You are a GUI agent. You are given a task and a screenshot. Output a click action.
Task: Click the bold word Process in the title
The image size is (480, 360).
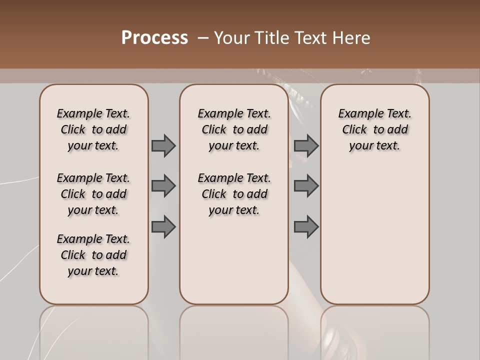click(154, 37)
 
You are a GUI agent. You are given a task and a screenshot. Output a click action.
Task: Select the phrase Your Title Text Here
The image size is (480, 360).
click(292, 37)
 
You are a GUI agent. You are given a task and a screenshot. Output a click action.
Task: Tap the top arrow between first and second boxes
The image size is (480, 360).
click(163, 145)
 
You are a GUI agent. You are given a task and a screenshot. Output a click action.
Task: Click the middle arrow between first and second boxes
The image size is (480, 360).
click(163, 186)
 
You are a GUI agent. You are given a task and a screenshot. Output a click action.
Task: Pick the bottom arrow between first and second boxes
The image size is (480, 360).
click(163, 227)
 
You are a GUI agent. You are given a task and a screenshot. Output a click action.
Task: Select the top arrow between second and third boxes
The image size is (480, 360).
click(306, 145)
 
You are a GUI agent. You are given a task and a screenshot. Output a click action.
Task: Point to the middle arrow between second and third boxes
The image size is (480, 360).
click(306, 186)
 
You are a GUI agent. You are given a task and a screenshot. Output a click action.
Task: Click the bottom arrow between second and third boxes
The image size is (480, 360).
click(306, 227)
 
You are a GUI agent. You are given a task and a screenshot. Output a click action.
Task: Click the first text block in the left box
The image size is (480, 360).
click(93, 129)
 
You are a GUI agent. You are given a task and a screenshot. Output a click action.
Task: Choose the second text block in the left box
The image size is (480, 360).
click(93, 194)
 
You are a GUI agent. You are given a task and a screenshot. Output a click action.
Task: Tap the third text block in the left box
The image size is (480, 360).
click(93, 255)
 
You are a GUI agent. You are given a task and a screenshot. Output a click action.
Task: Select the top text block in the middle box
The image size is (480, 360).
click(234, 129)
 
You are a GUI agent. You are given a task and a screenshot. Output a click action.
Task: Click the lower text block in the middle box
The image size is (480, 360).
click(234, 194)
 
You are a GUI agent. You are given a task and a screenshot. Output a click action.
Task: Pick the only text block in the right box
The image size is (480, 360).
click(374, 129)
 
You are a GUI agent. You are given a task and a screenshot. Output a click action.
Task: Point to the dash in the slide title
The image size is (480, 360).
click(203, 37)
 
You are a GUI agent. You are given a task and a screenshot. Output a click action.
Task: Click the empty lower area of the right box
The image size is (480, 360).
click(374, 235)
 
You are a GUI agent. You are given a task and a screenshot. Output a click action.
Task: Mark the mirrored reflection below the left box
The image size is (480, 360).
click(93, 330)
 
